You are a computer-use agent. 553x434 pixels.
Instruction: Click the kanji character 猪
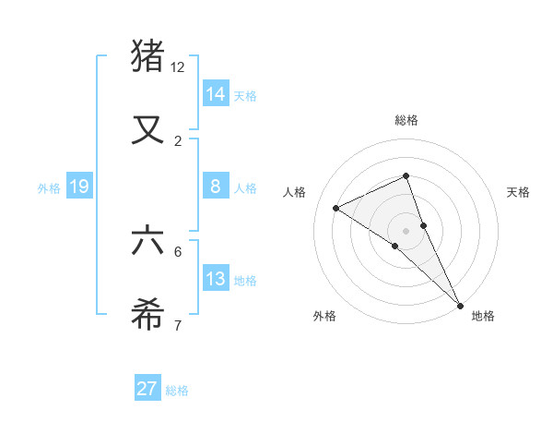148,56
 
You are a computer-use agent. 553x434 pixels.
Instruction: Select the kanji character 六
148,241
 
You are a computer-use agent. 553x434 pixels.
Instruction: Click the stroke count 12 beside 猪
178,67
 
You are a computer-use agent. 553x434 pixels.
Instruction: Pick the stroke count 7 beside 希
178,325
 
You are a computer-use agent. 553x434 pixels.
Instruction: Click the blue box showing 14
216,93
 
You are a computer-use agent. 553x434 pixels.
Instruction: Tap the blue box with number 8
216,187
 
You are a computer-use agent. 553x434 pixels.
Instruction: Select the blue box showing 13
216,279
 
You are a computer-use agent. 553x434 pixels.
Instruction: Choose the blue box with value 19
78,187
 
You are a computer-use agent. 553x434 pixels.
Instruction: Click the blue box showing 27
147,389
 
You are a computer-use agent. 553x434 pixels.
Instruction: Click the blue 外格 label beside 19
49,187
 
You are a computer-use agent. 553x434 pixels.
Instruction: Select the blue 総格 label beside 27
177,391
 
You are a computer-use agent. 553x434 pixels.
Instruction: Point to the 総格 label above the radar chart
406,120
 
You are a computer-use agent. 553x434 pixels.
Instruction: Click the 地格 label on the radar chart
483,316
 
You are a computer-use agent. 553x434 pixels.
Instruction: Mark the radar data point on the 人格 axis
336,208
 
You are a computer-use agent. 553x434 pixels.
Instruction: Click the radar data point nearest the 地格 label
460,304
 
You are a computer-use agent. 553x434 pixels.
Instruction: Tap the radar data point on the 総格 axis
406,175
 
